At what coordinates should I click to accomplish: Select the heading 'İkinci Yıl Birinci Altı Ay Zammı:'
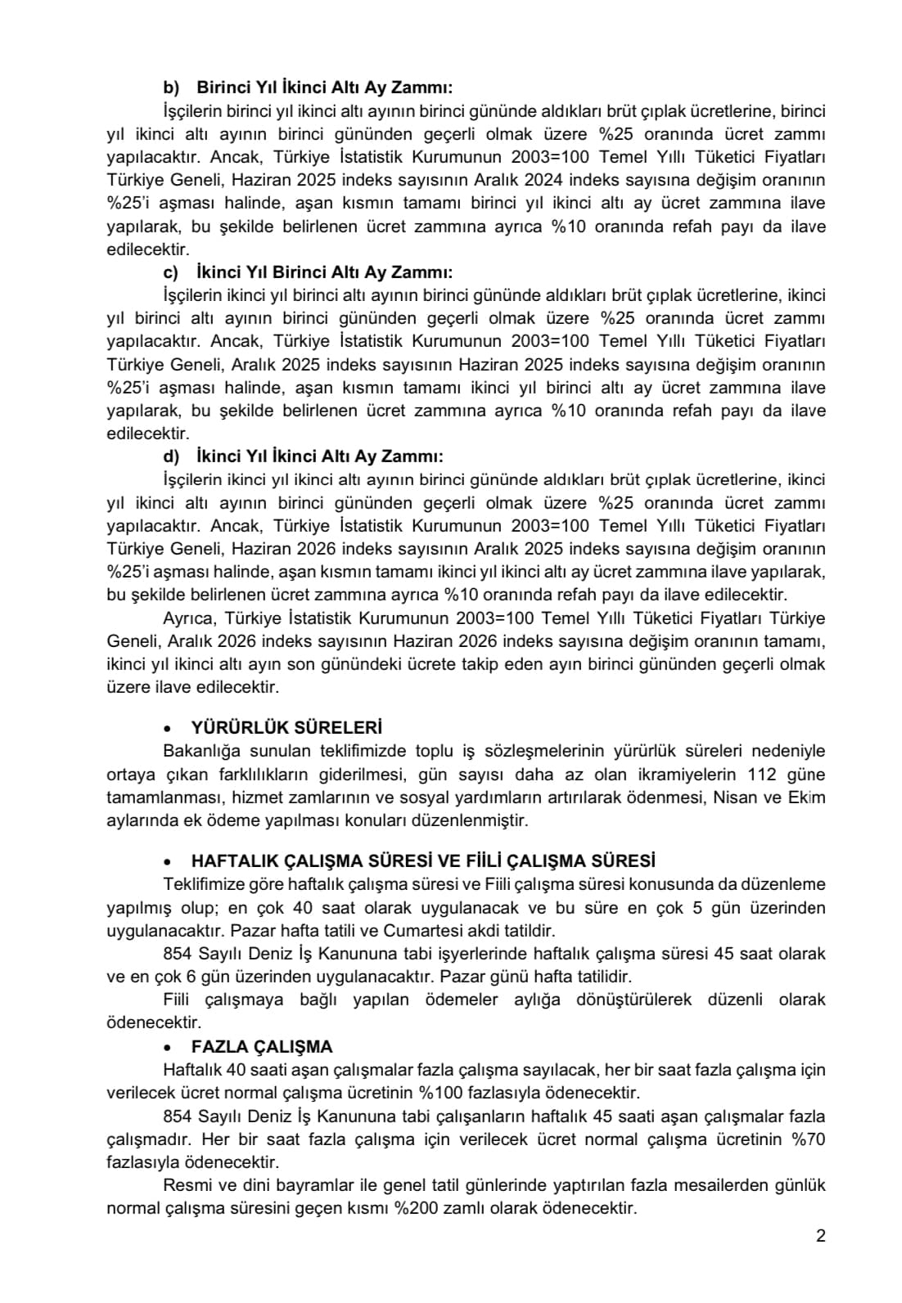[x=324, y=272]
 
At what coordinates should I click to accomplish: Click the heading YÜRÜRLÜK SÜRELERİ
[x=286, y=728]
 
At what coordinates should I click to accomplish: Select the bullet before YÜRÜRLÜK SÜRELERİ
[x=168, y=729]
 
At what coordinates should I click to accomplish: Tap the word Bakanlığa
[x=203, y=751]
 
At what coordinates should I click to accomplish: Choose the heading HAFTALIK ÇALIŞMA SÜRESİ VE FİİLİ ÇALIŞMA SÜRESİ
[x=423, y=861]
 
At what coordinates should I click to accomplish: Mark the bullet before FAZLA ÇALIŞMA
[x=168, y=1048]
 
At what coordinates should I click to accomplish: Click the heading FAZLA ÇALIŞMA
[x=262, y=1047]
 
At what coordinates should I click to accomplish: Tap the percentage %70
[x=809, y=1139]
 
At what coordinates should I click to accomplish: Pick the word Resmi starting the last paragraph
[x=186, y=1185]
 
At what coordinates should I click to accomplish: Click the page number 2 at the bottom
[x=821, y=1236]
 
